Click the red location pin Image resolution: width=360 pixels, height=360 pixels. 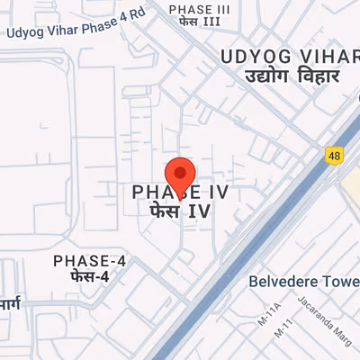180,173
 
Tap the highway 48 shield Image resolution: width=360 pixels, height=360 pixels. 334,157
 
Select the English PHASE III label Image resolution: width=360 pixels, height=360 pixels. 199,9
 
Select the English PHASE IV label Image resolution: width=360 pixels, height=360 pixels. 180,192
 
